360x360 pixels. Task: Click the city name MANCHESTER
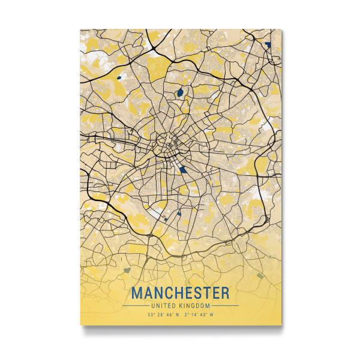180,293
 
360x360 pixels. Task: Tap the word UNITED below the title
165,306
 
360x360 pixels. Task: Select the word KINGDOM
194,306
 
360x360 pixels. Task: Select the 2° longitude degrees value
186,314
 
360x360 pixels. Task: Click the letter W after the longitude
211,314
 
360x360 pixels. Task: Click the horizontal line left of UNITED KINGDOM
136,306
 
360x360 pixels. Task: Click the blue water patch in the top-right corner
267,44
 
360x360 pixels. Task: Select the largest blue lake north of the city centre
179,93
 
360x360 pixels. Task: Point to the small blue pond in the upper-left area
119,77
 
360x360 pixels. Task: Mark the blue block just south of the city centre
182,169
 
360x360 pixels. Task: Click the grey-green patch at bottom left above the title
127,270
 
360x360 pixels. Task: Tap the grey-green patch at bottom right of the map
260,275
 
